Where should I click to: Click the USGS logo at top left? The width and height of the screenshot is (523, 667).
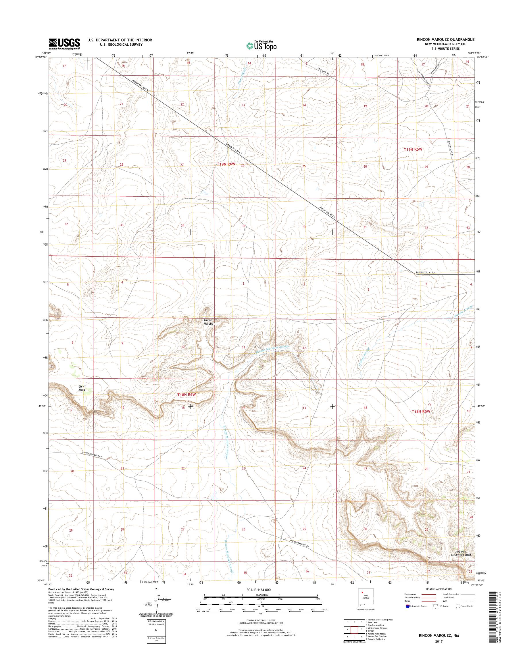point(64,44)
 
